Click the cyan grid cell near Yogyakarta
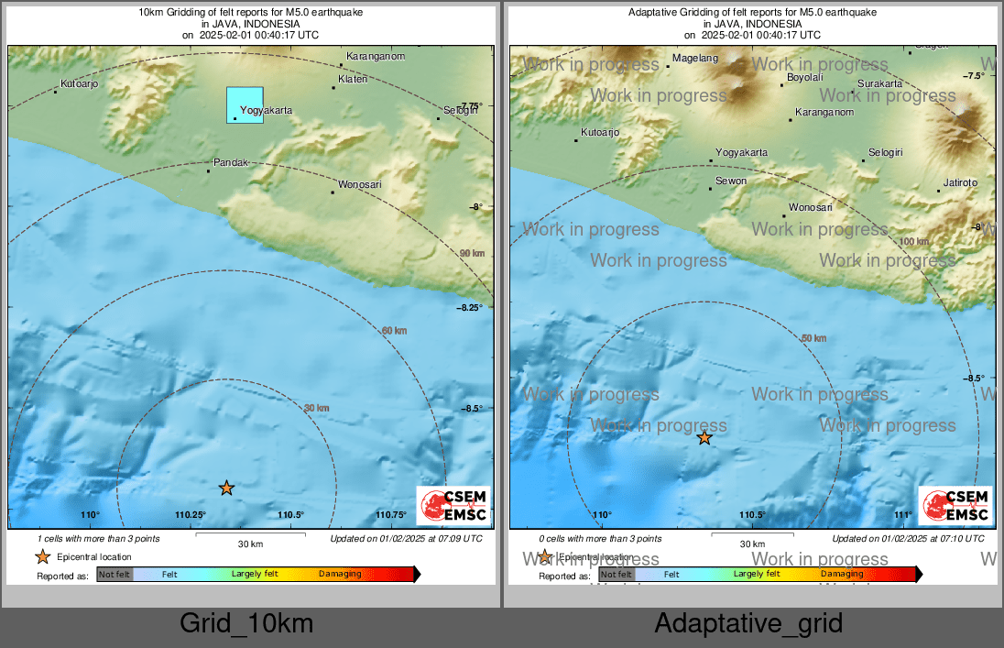tap(245, 104)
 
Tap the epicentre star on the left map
tap(226, 489)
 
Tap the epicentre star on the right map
tap(704, 438)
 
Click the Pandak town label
tap(231, 162)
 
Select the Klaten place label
tap(353, 80)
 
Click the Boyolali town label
tap(805, 78)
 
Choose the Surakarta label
tap(879, 83)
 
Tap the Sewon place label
tap(731, 181)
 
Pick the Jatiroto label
tap(960, 182)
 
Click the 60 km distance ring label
tap(394, 330)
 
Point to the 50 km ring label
tap(814, 338)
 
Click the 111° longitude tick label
tap(903, 515)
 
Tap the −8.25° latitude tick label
tap(469, 308)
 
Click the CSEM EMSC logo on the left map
tap(453, 505)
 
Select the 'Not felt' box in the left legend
tap(115, 575)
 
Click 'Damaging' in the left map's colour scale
tap(340, 575)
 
